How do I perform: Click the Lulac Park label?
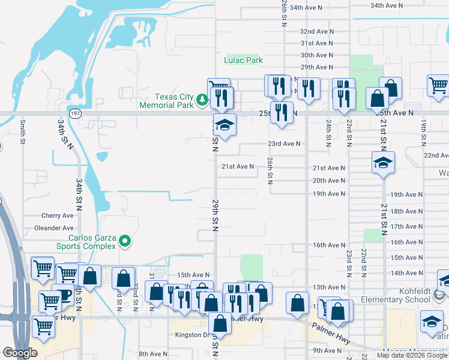click(x=244, y=61)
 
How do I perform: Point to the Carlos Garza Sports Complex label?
click(x=86, y=242)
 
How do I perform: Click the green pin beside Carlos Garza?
click(x=125, y=242)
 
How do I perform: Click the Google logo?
click(x=20, y=353)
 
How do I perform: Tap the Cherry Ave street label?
click(x=57, y=216)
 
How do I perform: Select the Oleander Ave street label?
click(x=54, y=228)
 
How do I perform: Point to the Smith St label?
click(x=22, y=131)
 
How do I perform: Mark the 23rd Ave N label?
click(x=284, y=144)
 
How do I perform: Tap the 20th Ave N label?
click(x=328, y=181)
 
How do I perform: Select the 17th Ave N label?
click(x=406, y=227)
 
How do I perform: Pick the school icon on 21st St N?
click(x=383, y=163)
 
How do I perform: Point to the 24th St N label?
click(x=329, y=134)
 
